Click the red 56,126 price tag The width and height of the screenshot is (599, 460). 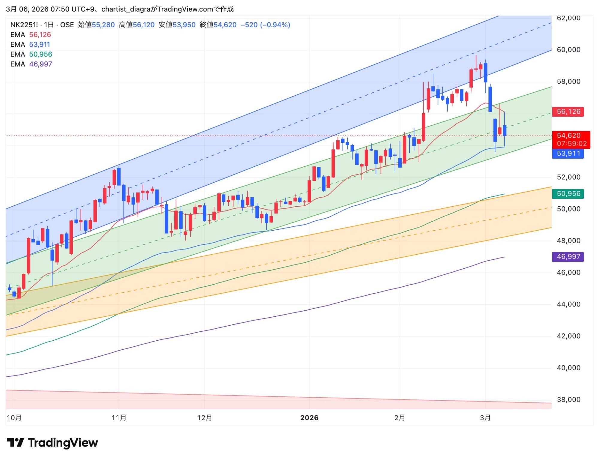(568, 112)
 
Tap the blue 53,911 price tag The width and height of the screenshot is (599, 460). (568, 154)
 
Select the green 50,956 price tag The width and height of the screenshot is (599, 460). (568, 194)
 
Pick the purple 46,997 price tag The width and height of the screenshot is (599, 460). (568, 257)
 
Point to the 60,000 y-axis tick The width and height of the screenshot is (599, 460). (568, 50)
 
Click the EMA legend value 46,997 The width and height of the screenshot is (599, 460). (41, 64)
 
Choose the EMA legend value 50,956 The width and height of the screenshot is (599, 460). (41, 54)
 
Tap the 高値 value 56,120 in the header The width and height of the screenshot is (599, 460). (144, 25)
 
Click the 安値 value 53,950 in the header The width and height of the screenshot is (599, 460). (184, 25)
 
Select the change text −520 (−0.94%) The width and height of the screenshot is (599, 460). (265, 25)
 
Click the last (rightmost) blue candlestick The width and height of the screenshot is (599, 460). (505, 131)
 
